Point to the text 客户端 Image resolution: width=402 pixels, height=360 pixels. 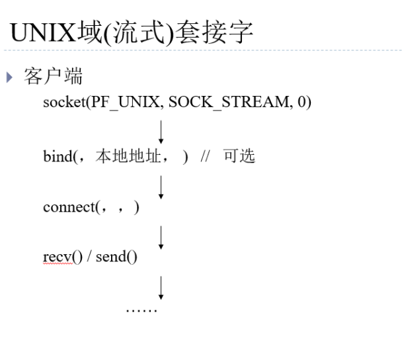(52, 77)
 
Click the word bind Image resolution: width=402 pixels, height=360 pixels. (56, 157)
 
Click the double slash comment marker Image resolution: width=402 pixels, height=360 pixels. (206, 158)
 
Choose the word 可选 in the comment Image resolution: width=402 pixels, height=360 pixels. (239, 157)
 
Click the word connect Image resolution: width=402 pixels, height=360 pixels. (69, 207)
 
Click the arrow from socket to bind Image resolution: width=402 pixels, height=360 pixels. (161, 132)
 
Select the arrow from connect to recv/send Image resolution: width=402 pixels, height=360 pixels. (161, 235)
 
